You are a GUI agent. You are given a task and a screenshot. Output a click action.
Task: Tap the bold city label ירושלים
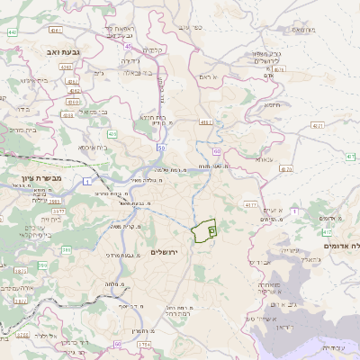[166, 251]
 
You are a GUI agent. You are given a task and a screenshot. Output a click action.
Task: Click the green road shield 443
[13, 32]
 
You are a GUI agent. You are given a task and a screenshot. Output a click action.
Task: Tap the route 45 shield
[129, 47]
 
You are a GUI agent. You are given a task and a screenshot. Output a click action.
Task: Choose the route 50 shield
[161, 147]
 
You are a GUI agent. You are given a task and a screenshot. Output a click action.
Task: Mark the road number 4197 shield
[205, 121]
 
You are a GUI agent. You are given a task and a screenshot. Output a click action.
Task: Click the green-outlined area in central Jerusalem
[206, 230]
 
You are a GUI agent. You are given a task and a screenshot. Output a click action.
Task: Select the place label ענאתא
[263, 159]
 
